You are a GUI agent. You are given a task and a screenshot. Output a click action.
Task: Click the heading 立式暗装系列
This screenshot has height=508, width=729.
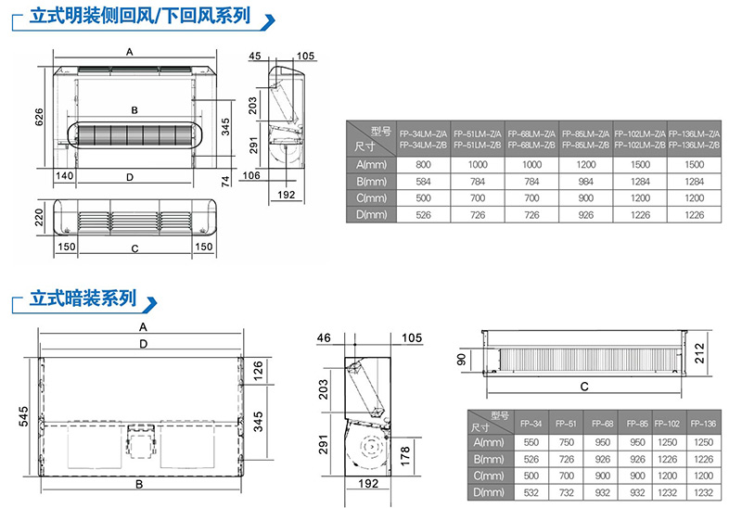[x=83, y=299]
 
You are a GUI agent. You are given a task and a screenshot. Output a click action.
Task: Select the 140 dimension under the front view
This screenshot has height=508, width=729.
[x=65, y=175]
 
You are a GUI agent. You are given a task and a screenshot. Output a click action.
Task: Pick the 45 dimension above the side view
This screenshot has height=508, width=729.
[x=256, y=57]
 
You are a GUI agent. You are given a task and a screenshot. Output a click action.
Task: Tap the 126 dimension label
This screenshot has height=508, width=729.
[x=260, y=375]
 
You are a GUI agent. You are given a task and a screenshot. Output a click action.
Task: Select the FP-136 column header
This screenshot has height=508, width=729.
[x=703, y=423]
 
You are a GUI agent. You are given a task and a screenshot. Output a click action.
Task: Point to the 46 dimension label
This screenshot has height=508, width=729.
[x=324, y=337]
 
